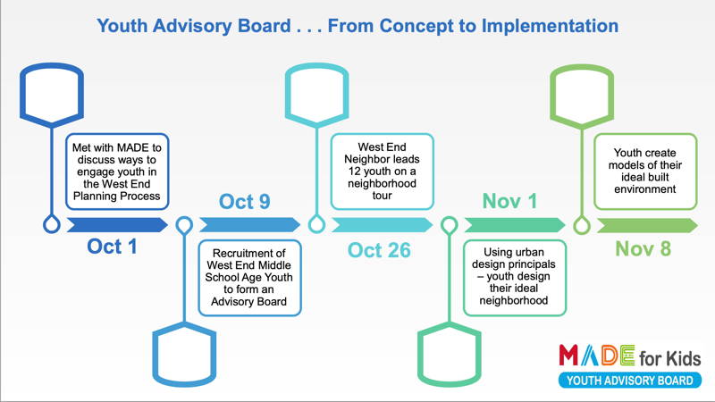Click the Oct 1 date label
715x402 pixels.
click(113, 247)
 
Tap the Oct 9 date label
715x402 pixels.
click(244, 202)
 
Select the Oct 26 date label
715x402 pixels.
click(379, 250)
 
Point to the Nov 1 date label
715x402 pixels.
click(509, 201)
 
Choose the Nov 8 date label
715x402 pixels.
click(643, 249)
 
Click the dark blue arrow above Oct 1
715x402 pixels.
click(117, 225)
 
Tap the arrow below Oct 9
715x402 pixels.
click(250, 225)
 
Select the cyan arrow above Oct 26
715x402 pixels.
click(383, 225)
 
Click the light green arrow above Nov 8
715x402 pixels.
click(647, 225)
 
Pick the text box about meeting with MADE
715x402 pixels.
click(117, 172)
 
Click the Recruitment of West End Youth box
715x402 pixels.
click(250, 278)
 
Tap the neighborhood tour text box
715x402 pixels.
click(383, 172)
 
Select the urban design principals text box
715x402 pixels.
click(515, 278)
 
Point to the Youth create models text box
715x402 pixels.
click(645, 172)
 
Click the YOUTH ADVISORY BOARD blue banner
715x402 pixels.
click(630, 381)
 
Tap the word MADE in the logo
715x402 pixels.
click(597, 355)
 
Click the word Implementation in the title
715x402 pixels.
click(550, 26)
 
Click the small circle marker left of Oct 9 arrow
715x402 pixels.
click(184, 225)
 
